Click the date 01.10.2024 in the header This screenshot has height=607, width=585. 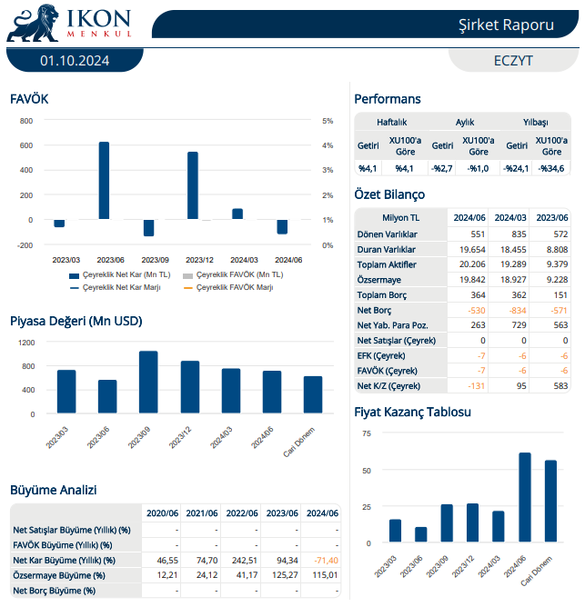(75, 60)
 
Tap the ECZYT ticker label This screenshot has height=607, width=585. (513, 60)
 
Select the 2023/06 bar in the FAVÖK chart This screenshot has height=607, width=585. (104, 180)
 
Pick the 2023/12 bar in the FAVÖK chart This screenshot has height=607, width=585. (193, 185)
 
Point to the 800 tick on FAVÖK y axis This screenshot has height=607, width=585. (25, 121)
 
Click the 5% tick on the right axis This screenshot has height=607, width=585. (328, 121)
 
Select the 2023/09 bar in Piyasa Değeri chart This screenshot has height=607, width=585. (148, 383)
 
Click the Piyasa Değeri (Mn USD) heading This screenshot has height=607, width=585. (76, 321)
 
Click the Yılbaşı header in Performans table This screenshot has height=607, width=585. (535, 121)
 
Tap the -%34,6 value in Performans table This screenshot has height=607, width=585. (550, 167)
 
